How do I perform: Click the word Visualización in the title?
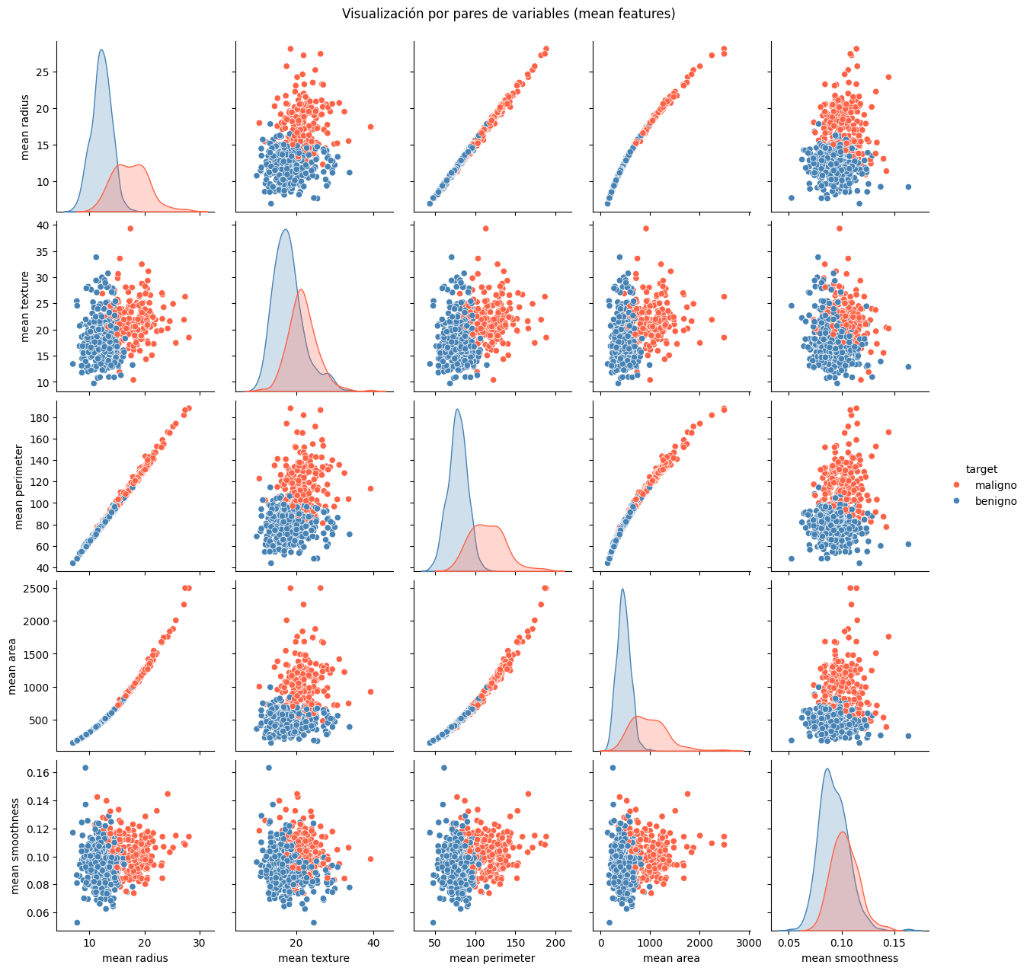click(379, 14)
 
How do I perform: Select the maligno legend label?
click(996, 485)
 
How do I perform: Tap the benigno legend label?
click(996, 501)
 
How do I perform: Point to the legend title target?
click(981, 469)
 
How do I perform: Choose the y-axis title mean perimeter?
click(20, 485)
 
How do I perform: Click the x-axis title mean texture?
click(314, 958)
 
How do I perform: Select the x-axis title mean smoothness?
click(849, 958)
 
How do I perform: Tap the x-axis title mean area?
click(671, 958)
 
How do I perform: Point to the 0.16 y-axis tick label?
click(38, 772)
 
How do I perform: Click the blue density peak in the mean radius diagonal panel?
click(101, 50)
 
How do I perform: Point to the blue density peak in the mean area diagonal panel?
click(622, 589)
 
